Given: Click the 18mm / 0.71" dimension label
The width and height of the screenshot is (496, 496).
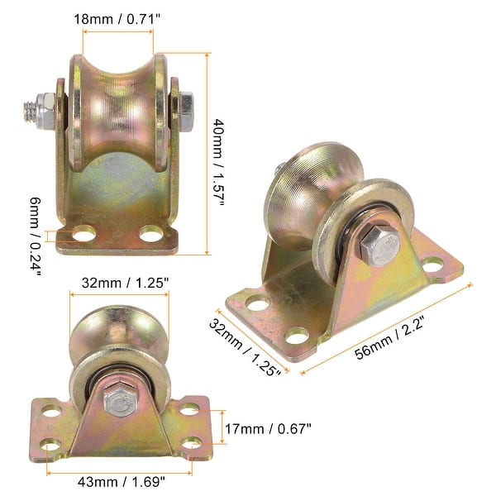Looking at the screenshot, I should click(117, 18).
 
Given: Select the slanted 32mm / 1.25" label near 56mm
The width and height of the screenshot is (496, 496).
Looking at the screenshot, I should click(244, 346).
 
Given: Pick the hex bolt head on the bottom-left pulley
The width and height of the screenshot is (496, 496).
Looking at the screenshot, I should click(117, 403).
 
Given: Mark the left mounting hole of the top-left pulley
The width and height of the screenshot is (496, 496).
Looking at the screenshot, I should click(83, 236).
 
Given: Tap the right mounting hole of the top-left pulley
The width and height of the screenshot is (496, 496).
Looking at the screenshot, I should click(150, 235).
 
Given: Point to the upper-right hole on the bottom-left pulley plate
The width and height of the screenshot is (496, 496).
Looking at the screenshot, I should click(189, 408).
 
